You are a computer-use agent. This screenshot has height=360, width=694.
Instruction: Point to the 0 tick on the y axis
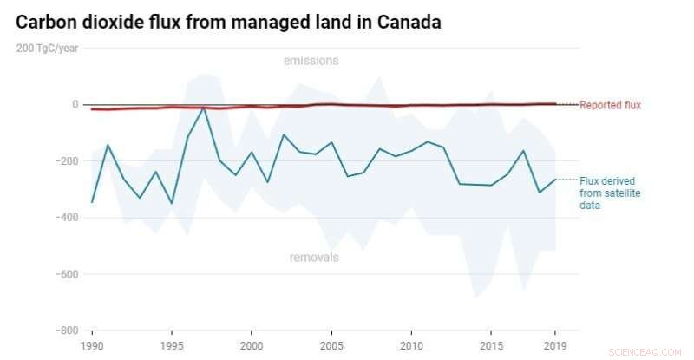pyautogui.click(x=75, y=104)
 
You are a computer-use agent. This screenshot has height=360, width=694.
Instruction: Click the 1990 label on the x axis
pyautogui.click(x=92, y=345)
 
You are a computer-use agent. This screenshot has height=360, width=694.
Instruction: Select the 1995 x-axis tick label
pyautogui.click(x=172, y=345)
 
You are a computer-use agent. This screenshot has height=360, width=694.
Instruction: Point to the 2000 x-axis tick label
pyautogui.click(x=252, y=345)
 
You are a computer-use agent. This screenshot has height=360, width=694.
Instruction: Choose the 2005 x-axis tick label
pyautogui.click(x=331, y=345)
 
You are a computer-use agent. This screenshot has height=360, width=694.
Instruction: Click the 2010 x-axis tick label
pyautogui.click(x=411, y=345)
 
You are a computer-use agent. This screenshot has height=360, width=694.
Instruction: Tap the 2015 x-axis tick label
pyautogui.click(x=491, y=345)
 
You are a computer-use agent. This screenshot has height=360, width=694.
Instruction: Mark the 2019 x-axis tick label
pyautogui.click(x=555, y=345)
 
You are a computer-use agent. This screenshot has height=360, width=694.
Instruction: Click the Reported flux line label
pyautogui.click(x=610, y=106)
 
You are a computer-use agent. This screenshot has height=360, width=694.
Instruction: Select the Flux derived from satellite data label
pyautogui.click(x=610, y=193)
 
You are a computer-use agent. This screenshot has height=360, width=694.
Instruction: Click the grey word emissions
pyautogui.click(x=311, y=61)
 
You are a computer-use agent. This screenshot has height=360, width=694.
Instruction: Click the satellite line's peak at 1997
pyautogui.click(x=204, y=108)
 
